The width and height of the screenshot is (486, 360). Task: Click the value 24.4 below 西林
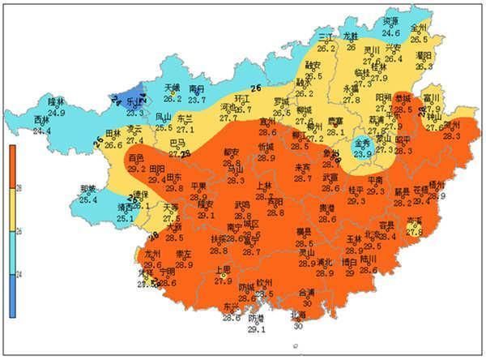coord(42,130)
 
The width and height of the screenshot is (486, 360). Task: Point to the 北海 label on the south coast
coord(298,315)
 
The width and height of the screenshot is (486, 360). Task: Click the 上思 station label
coord(224,272)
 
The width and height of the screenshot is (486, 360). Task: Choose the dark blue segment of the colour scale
coord(12,296)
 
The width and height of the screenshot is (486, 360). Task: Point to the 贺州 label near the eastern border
coord(450,126)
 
